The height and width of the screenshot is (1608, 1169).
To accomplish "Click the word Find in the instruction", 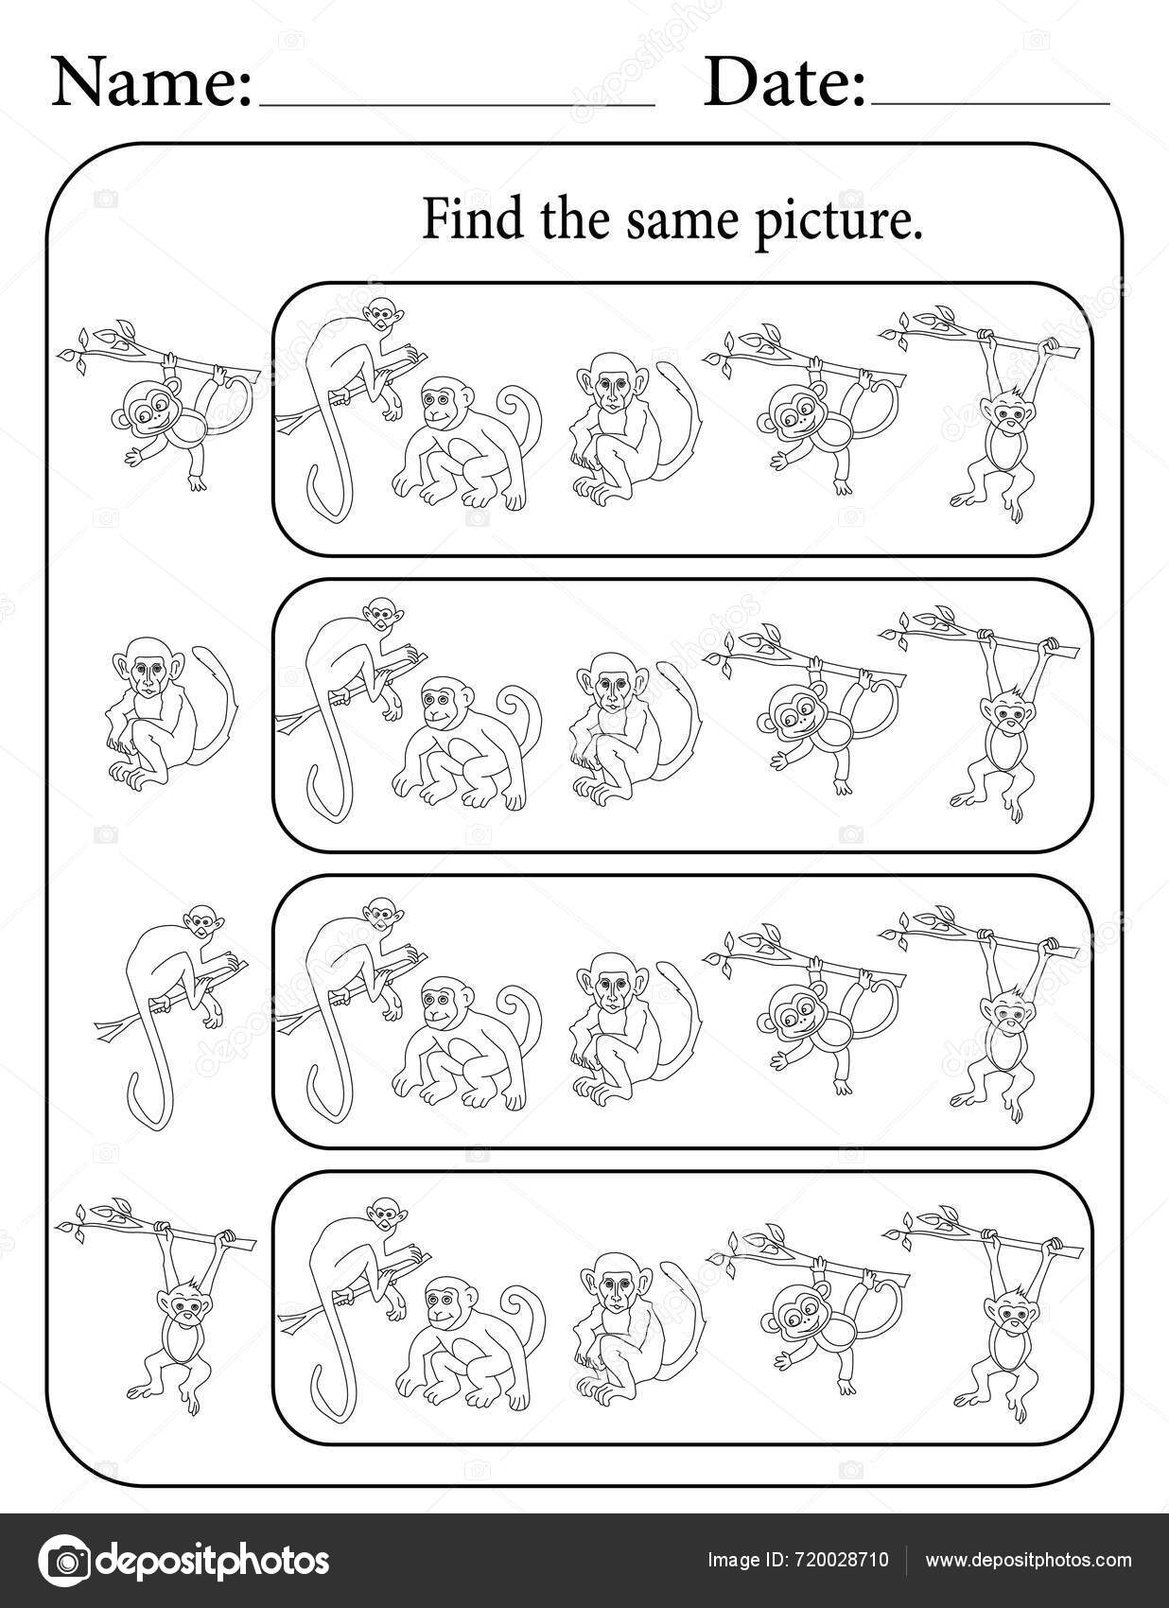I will (458, 221).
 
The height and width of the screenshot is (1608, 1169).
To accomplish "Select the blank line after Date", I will (989, 100).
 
